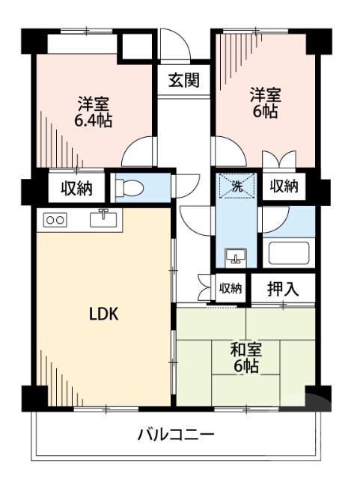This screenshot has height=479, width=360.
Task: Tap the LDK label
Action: pyautogui.click(x=103, y=315)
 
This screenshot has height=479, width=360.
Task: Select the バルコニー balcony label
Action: pyautogui.click(x=177, y=434)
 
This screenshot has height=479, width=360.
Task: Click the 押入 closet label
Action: pyautogui.click(x=283, y=288)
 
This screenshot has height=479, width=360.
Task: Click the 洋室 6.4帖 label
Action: pyautogui.click(x=94, y=112)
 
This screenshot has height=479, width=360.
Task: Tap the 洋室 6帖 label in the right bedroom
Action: pyautogui.click(x=265, y=103)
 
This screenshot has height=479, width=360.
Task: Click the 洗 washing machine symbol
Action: pyautogui.click(x=236, y=186)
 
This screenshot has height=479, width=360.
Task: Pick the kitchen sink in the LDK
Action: pyautogui.click(x=103, y=219)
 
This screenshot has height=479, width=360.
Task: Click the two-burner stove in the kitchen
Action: pyautogui.click(x=55, y=219)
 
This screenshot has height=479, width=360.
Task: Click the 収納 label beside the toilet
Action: pyautogui.click(x=76, y=188)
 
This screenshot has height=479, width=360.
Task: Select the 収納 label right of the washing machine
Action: pyautogui.click(x=284, y=186)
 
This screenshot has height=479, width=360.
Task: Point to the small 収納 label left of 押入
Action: pyautogui.click(x=231, y=287)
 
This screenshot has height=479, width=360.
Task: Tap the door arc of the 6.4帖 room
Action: pyautogui.click(x=138, y=153)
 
